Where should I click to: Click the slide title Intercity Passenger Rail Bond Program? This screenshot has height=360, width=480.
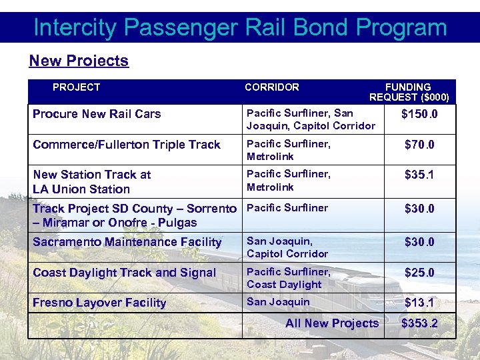coord(240,27)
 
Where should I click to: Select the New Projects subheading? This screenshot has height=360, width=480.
coord(79,61)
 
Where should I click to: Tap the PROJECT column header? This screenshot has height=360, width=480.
coord(76,87)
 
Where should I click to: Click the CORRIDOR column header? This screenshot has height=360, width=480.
coord(271,87)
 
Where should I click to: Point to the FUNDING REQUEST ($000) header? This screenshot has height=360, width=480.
coord(409,92)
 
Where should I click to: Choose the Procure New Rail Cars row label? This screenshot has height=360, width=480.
coord(97,114)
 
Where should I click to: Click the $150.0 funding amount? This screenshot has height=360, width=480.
coord(419,114)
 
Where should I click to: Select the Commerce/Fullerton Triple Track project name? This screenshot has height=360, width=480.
coord(126,145)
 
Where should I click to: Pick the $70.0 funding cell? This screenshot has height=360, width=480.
coord(419,145)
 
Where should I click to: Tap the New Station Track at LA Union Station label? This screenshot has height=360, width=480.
coord(91,182)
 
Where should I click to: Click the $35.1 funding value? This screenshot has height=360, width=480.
coord(419,175)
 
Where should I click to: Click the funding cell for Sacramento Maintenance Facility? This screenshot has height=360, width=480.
coord(419,242)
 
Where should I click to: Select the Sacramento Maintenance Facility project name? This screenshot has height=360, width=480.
coord(127,242)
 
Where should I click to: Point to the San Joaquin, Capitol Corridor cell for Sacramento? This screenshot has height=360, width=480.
coord(287,247)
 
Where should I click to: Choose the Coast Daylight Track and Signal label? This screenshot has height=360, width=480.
coord(124,273)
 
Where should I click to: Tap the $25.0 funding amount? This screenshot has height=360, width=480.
coord(419,273)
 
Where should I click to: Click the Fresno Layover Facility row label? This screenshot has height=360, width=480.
coord(99,303)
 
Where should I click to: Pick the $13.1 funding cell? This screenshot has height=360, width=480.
coord(419,303)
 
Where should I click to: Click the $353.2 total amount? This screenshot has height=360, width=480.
coord(419,324)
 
